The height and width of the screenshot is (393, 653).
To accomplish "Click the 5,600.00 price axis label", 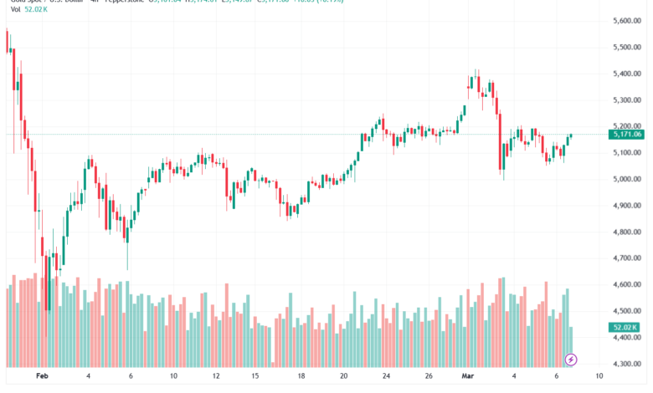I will click(626, 21).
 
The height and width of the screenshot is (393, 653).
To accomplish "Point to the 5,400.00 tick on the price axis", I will click(626, 74).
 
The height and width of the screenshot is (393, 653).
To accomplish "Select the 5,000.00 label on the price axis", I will click(626, 179).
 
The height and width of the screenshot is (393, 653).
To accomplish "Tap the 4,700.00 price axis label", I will click(626, 258).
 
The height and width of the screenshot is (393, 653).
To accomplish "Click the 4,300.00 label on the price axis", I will click(626, 365).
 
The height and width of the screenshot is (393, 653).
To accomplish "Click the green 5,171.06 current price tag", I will click(626, 134).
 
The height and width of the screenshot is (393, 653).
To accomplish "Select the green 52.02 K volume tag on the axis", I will click(626, 328).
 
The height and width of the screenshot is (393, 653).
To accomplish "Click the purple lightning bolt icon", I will click(571, 360).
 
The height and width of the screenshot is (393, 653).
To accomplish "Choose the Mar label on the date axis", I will click(469, 376).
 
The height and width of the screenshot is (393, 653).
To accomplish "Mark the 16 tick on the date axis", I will click(260, 376).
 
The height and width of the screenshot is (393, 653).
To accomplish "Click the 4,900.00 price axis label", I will click(626, 206).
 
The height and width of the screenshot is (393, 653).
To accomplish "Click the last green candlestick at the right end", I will click(571, 135).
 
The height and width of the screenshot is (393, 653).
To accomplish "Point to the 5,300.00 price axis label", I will click(626, 100).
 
